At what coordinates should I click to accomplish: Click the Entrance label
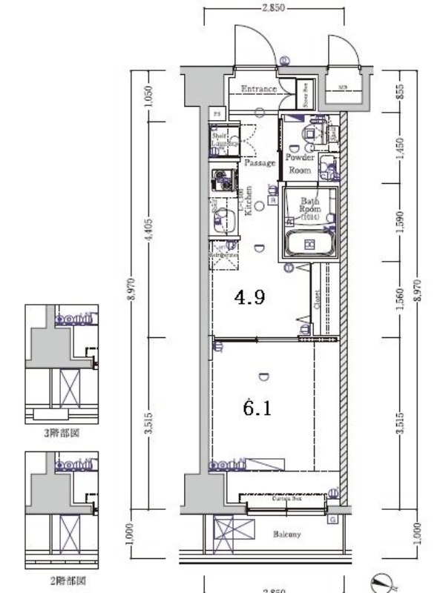tap(258, 89)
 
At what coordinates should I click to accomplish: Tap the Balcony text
tap(286, 534)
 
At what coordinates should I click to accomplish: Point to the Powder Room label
tap(300, 164)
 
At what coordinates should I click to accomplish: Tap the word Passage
tap(260, 163)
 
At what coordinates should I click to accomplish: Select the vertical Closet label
tap(317, 299)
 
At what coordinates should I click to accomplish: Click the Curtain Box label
tap(285, 499)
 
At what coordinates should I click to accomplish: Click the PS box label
tap(217, 113)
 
